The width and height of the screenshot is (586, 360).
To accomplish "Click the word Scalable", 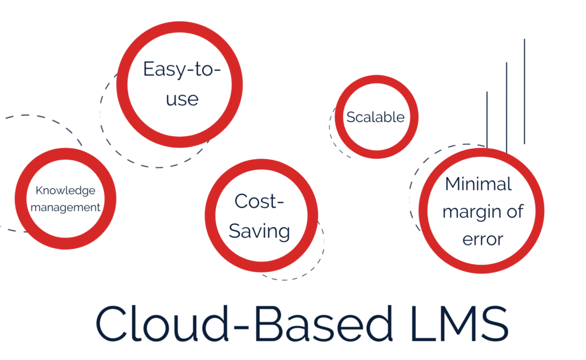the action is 375,117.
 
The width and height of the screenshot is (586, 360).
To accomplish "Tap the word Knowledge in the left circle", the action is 65,191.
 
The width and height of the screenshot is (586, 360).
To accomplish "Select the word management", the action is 65,207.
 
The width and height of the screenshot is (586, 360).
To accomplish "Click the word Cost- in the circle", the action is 259,201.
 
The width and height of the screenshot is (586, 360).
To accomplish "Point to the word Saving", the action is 259,231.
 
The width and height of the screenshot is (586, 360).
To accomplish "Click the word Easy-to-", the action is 182,69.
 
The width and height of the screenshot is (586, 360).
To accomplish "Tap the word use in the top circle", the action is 182,99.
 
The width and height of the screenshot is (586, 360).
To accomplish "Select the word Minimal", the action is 478,184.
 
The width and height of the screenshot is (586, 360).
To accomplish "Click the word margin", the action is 472,212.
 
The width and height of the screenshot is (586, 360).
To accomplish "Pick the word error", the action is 483,239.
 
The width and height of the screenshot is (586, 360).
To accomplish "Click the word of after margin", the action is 515,211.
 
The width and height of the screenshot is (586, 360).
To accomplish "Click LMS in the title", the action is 460,323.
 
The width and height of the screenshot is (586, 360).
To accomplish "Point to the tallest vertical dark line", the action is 524,91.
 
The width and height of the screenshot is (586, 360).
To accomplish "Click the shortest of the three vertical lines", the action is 487,120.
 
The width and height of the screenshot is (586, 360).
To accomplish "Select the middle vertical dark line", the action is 506,107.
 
